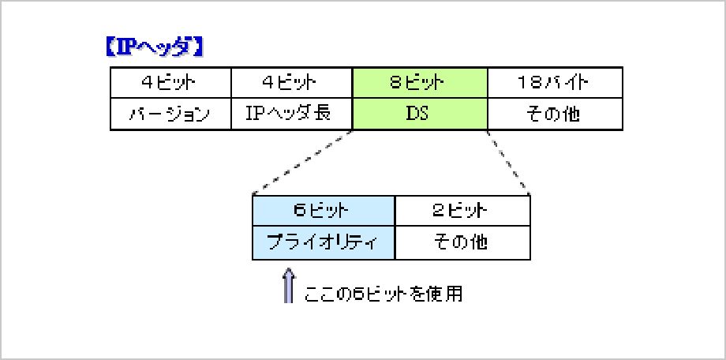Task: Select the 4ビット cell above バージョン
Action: [170, 83]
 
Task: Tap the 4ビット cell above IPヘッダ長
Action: [291, 83]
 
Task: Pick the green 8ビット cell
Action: [420, 83]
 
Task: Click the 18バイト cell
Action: [555, 83]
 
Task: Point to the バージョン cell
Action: [170, 114]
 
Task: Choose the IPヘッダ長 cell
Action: [291, 114]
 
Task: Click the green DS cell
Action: [420, 114]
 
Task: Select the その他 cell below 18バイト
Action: [555, 114]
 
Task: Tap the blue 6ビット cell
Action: [324, 211]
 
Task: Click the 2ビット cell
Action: [462, 211]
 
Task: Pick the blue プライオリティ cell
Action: [324, 243]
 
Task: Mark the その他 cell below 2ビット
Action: [462, 243]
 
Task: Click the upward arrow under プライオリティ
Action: [289, 285]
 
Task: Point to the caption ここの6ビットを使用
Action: [383, 294]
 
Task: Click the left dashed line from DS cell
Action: [302, 162]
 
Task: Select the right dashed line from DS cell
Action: [508, 162]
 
